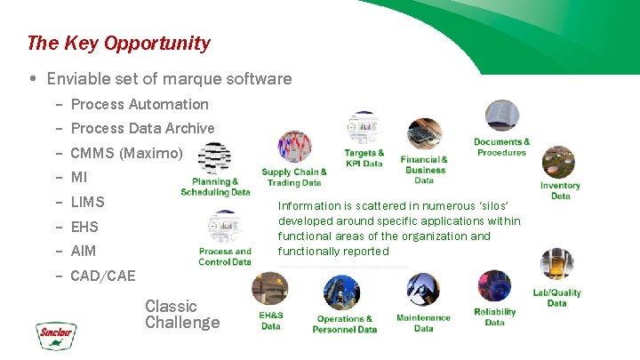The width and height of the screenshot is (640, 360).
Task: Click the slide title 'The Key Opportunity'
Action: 118,43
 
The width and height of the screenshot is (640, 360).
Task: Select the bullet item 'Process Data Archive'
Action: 142,128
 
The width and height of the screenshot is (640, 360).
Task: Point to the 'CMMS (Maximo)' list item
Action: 126,153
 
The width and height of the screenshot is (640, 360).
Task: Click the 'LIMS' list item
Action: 87,202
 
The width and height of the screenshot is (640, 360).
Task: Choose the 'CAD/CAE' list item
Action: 103,276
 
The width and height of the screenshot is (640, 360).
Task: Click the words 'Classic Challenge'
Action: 182,314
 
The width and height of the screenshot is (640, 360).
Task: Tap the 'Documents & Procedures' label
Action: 501,147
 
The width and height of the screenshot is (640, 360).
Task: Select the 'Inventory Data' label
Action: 560,190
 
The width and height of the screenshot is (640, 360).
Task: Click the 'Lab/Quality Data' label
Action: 556,298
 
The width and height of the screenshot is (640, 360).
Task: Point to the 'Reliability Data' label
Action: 495,317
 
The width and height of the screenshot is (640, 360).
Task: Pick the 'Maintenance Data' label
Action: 423,323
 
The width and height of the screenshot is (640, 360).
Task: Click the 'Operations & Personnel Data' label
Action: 345,324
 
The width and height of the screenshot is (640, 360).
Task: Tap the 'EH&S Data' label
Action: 271,320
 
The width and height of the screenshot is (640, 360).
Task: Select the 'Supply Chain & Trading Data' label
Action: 293,177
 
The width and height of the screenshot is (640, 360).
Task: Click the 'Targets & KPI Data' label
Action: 364,158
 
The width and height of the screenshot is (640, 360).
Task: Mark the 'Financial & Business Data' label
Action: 424,170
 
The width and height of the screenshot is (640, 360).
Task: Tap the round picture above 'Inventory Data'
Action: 558,162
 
